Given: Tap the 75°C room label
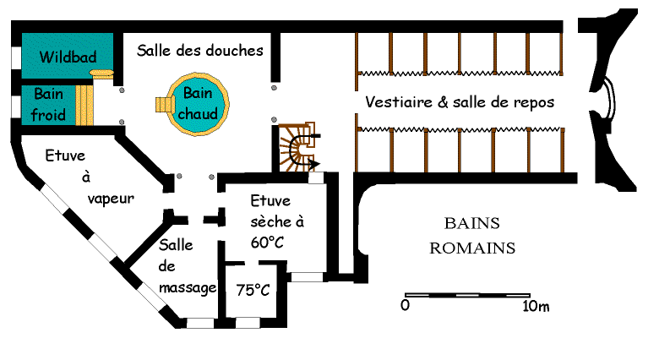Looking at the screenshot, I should pyautogui.click(x=253, y=290).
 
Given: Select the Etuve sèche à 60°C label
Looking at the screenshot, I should pyautogui.click(x=276, y=221).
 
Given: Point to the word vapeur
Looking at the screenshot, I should pyautogui.click(x=112, y=197).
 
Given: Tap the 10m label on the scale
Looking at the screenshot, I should pyautogui.click(x=536, y=306).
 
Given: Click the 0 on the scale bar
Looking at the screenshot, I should pyautogui.click(x=406, y=306).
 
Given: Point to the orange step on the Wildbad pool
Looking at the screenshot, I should pyautogui.click(x=102, y=74).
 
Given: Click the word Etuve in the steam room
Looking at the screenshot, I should pyautogui.click(x=67, y=155).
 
